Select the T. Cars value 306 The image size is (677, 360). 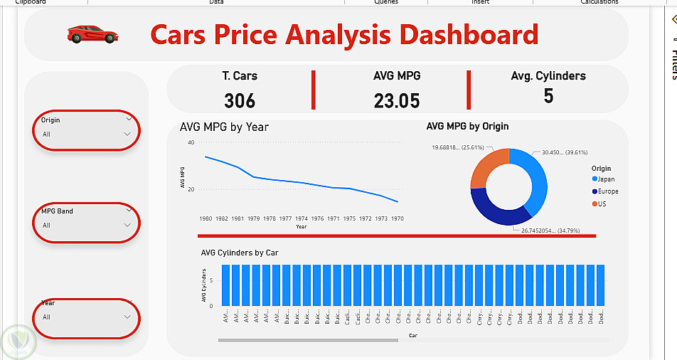click(x=240, y=100)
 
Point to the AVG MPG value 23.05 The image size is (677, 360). click(x=397, y=100)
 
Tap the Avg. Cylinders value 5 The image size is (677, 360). click(x=548, y=96)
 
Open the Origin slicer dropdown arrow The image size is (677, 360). click(x=127, y=134)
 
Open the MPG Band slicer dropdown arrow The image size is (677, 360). click(x=127, y=225)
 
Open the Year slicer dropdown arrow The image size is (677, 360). click(x=127, y=317)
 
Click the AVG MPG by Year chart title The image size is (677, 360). click(x=224, y=127)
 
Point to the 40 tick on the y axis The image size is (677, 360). click(x=191, y=143)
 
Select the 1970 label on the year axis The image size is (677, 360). click(x=398, y=218)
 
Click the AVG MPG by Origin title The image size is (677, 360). click(x=467, y=127)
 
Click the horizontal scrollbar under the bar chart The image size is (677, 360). click(x=308, y=340)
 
